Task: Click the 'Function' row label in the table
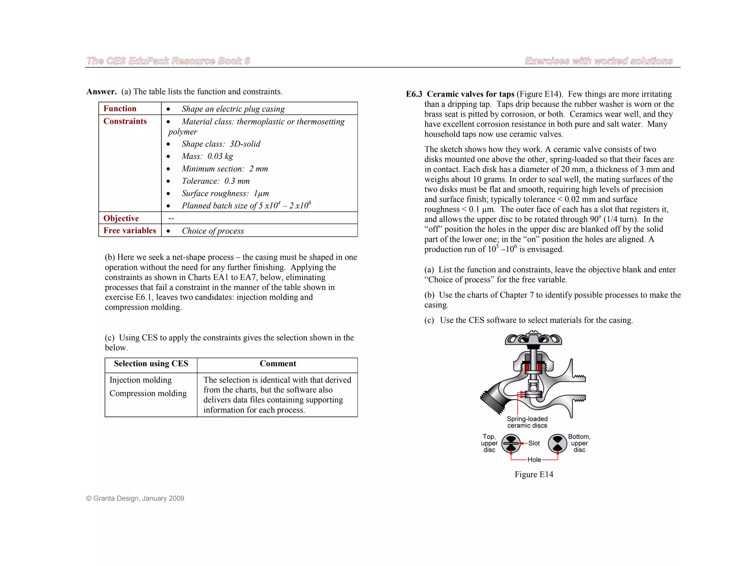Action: coord(120,108)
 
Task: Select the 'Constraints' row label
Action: coord(125,121)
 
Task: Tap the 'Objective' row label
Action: coord(121,218)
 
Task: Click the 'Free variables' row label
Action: coord(130,230)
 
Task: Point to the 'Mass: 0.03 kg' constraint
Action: coord(207,156)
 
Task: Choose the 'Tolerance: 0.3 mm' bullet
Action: coord(215,181)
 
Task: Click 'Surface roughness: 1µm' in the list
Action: coord(225,194)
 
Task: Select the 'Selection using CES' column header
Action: coord(151,363)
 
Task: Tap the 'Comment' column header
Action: coord(278,363)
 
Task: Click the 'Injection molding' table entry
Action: coord(141,380)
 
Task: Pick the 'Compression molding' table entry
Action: coord(148,393)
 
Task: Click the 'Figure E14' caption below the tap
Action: coord(534,474)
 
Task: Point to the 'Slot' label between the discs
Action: coord(534,443)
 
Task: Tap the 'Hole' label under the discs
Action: coord(534,460)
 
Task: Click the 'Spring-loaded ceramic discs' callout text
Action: coord(527,422)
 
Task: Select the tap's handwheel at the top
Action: coord(533,338)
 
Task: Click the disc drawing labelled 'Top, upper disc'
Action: coord(511,444)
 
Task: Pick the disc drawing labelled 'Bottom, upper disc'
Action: coord(557,444)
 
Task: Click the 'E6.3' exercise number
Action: coord(414,94)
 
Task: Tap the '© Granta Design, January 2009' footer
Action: coord(135,498)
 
